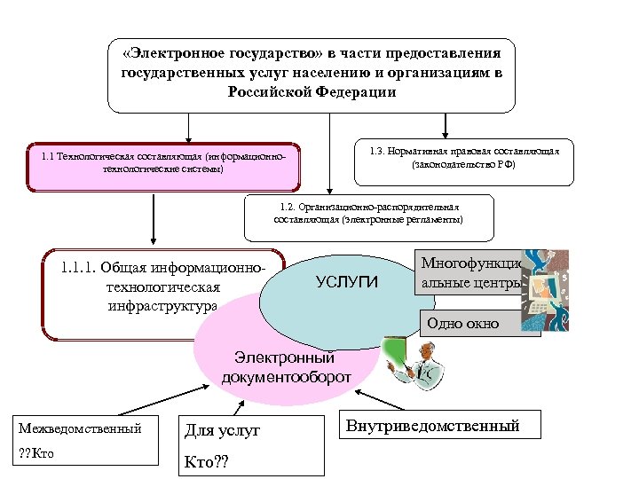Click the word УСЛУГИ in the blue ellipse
point(347,282)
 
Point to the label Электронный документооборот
point(286,368)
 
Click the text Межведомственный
point(81,428)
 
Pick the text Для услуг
point(222,431)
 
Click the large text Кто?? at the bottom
point(205,462)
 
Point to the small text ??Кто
point(36,454)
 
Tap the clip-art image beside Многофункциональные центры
point(544,288)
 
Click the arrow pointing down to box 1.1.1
point(154,218)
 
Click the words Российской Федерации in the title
point(312,92)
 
